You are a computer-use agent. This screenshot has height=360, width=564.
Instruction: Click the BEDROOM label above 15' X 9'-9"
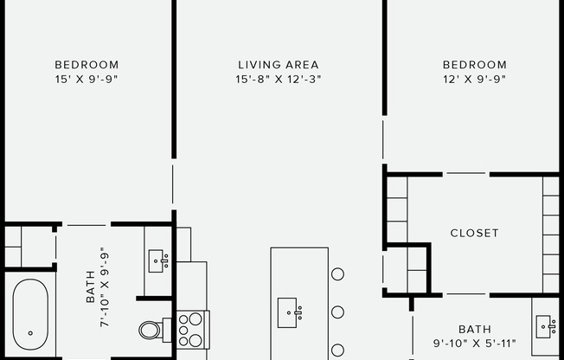[87, 65]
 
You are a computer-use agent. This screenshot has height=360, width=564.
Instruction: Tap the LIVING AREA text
[279, 65]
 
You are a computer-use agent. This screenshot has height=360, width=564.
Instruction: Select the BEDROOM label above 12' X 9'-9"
[474, 65]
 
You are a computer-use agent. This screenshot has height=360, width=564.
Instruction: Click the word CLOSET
[474, 233]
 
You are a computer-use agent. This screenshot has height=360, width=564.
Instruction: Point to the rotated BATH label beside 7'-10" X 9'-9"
[90, 294]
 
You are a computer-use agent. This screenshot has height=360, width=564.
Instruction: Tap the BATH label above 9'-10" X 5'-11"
[474, 330]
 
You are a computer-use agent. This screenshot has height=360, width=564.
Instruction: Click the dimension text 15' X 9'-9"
[87, 79]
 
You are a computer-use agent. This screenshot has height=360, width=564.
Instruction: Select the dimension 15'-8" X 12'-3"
[279, 79]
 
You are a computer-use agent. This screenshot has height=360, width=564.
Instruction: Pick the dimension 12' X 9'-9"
[474, 79]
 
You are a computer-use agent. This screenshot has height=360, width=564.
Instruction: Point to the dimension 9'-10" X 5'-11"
[474, 344]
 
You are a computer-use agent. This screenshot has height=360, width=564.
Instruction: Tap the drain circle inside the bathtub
[29, 333]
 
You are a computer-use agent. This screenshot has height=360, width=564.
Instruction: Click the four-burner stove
[193, 328]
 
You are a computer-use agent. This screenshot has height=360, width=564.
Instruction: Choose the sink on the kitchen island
[289, 312]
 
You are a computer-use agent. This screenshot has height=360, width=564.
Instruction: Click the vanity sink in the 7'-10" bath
[158, 259]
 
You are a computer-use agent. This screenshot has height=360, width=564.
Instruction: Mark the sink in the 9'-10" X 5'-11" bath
[545, 326]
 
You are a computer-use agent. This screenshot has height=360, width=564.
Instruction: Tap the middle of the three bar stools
[337, 312]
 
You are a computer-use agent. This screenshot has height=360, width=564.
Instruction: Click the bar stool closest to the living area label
[337, 274]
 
